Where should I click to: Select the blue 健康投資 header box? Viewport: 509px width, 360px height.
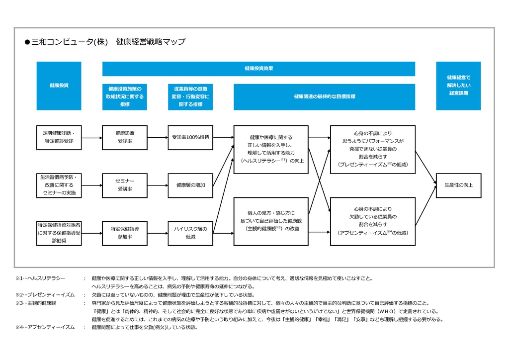[59, 86]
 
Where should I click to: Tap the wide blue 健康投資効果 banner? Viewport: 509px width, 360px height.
[258, 69]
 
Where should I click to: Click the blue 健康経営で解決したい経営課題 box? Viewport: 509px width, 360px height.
[458, 86]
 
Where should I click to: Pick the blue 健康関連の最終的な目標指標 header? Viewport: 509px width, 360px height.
[324, 97]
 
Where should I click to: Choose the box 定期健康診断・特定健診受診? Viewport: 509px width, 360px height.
[59, 137]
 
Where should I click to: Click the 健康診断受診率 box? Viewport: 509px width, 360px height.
[125, 137]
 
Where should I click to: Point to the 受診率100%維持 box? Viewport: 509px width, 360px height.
[190, 137]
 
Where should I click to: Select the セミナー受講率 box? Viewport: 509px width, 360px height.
[125, 185]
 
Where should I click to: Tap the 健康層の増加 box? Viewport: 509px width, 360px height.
[190, 185]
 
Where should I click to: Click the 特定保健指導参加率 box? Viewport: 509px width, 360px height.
[125, 233]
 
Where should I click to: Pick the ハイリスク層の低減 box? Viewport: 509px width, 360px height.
[190, 233]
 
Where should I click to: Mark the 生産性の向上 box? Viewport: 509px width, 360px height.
[458, 185]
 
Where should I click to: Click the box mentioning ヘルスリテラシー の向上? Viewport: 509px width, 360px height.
[271, 149]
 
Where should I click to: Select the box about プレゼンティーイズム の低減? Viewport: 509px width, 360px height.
[372, 149]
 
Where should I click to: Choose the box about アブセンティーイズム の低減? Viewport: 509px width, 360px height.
[372, 221]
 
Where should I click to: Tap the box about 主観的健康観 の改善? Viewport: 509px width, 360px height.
[271, 221]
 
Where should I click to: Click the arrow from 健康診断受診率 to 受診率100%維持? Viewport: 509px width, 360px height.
[158, 137]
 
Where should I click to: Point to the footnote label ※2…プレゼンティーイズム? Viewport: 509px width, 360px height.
[45, 295]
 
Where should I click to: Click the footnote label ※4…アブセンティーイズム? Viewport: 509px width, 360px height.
[45, 327]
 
